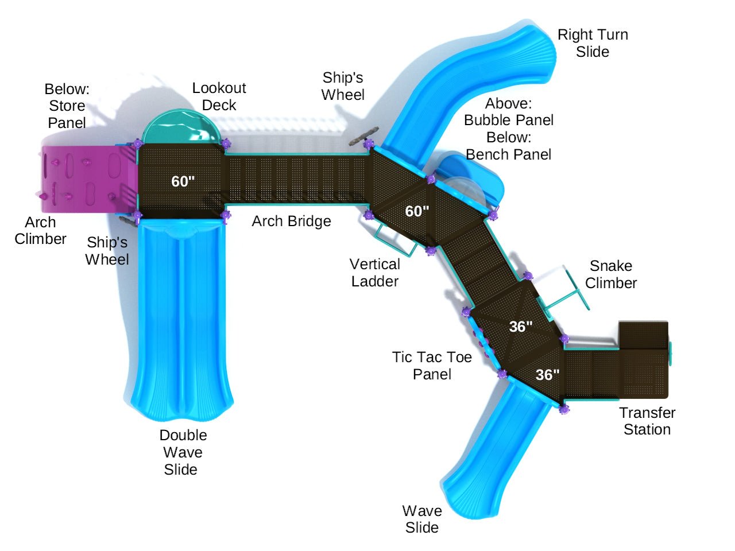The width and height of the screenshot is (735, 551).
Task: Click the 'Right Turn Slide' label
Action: pos(593,43)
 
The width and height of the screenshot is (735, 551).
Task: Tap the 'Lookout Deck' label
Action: pos(219,96)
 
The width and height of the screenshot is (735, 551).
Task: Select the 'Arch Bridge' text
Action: pos(291,221)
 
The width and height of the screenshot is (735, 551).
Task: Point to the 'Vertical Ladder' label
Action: pos(375,273)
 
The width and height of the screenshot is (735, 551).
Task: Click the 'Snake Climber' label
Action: pos(610,274)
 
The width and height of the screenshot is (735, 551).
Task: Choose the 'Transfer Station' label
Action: pos(647,421)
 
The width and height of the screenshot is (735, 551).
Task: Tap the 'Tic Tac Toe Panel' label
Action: pos(432,366)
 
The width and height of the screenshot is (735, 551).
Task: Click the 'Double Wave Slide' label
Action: pos(183,452)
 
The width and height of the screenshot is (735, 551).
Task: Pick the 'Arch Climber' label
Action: pos(40,230)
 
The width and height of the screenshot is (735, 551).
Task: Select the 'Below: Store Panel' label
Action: pos(67,106)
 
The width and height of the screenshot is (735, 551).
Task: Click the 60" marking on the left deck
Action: pos(183,181)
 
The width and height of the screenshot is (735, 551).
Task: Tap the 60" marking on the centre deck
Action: pos(417,211)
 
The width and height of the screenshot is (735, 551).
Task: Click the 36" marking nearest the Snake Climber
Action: pos(520,327)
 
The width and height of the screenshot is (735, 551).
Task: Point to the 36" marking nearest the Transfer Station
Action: pos(547,375)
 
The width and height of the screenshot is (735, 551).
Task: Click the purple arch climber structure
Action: pos(86,177)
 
